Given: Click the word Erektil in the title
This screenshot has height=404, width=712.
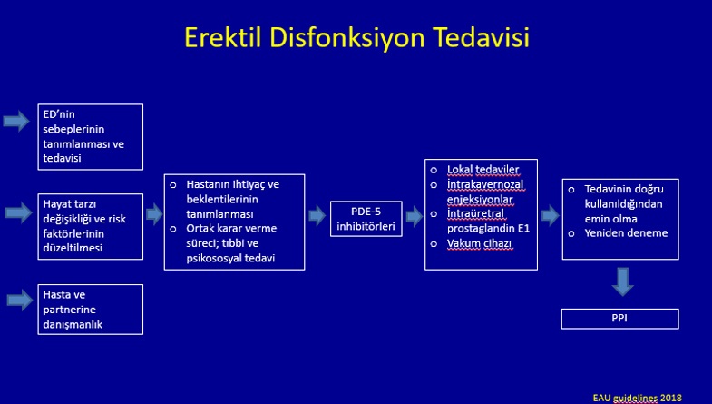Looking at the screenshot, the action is pyautogui.click(x=222, y=37).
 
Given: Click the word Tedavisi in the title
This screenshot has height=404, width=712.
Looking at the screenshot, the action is pyautogui.click(x=482, y=37).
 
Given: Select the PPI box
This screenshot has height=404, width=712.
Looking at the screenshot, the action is pyautogui.click(x=619, y=319).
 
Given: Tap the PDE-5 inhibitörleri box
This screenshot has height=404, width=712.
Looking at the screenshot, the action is pyautogui.click(x=366, y=219).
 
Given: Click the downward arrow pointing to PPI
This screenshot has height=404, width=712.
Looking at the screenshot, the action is pyautogui.click(x=622, y=281).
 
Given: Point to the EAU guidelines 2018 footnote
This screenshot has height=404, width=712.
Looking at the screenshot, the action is pyautogui.click(x=637, y=398).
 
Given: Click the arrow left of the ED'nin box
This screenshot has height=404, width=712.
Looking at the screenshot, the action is pyautogui.click(x=16, y=121).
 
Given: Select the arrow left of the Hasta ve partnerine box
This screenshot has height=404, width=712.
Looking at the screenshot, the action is pyautogui.click(x=20, y=300).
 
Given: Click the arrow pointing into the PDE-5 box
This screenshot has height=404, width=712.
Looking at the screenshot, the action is pyautogui.click(x=317, y=215).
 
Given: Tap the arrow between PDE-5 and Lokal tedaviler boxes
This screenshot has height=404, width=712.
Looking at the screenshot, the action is pyautogui.click(x=415, y=216).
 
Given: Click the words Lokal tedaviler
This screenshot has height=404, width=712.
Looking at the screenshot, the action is pyautogui.click(x=483, y=170).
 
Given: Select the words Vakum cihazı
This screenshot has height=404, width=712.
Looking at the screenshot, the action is pyautogui.click(x=479, y=243).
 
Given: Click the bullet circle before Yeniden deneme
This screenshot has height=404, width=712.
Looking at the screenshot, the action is pyautogui.click(x=571, y=233).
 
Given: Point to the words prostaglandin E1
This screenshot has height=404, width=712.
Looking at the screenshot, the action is pyautogui.click(x=488, y=228).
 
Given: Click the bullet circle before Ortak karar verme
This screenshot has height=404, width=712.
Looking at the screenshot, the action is pyautogui.click(x=173, y=229).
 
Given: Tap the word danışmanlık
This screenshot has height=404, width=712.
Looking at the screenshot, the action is pyautogui.click(x=73, y=324).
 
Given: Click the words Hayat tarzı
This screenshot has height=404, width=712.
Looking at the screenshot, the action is pyautogui.click(x=70, y=204).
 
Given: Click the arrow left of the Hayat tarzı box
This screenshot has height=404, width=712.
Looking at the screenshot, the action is pyautogui.click(x=19, y=212).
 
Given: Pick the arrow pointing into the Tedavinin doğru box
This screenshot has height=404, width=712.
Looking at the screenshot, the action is pyautogui.click(x=551, y=215).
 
